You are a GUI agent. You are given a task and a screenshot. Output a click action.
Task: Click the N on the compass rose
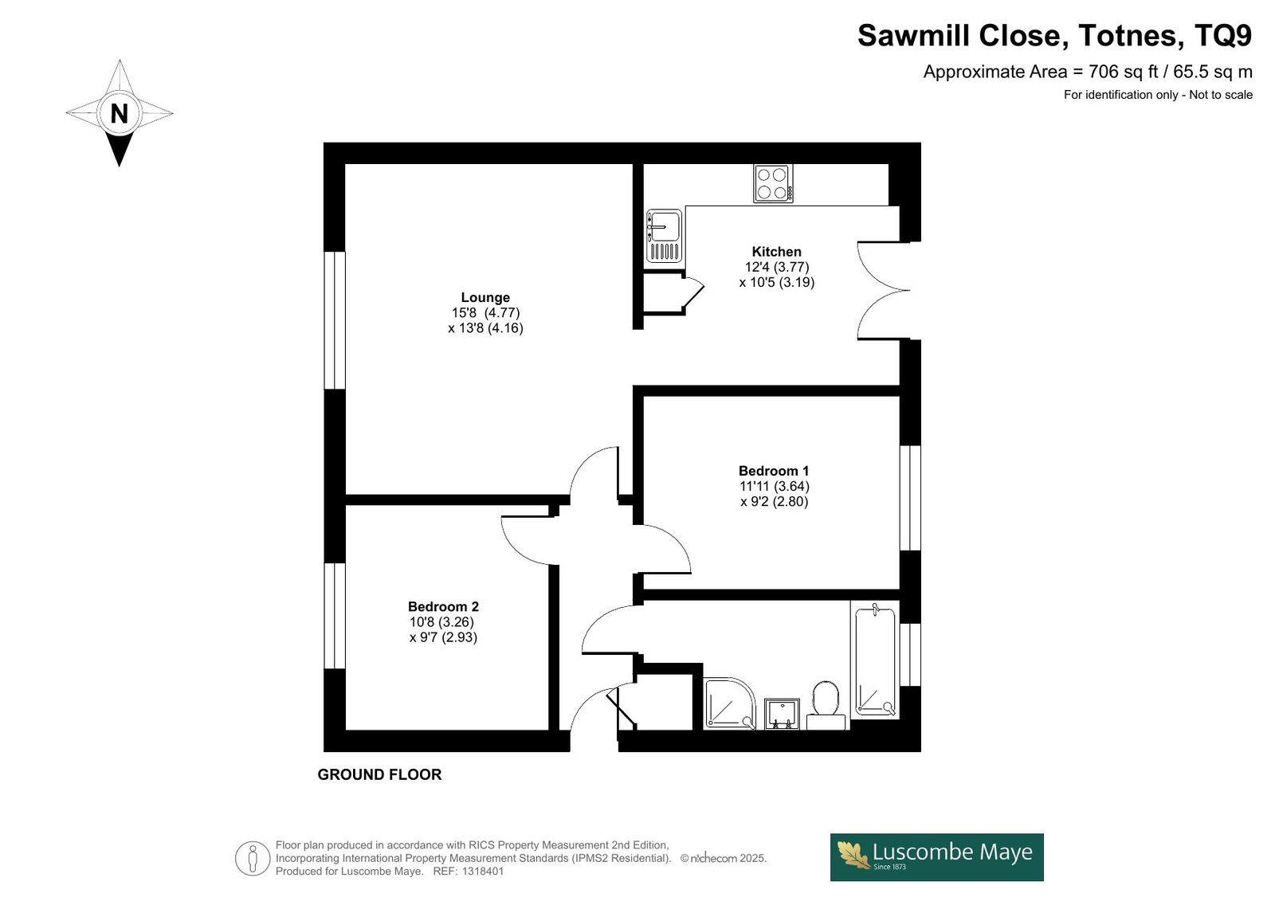119,113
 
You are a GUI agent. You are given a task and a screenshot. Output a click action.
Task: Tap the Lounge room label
485,297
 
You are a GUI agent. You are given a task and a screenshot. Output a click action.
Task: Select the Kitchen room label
776,252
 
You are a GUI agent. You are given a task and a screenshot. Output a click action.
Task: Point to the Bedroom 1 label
774,471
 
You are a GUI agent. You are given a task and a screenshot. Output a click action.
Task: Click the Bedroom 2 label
443,607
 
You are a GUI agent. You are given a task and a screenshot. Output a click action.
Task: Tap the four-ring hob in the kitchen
773,183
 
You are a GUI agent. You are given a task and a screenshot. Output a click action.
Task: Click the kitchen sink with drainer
665,237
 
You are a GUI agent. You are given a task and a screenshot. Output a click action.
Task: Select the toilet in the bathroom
826,706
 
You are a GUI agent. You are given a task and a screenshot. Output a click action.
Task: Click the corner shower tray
730,703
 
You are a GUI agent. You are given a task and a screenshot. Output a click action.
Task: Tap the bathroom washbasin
782,714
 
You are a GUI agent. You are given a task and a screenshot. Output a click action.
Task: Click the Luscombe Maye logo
937,858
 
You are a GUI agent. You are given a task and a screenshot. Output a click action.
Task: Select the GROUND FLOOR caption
379,774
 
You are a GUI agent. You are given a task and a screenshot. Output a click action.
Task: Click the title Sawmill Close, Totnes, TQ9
1055,35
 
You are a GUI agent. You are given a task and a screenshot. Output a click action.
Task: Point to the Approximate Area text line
1088,72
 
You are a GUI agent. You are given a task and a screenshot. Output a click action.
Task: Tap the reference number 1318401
483,872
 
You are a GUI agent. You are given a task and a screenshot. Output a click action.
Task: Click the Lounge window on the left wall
335,320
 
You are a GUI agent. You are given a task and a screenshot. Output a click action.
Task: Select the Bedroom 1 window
910,498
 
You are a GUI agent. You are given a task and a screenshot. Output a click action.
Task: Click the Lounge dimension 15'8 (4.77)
485,312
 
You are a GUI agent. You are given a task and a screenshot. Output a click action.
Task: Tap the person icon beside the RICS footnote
252,858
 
